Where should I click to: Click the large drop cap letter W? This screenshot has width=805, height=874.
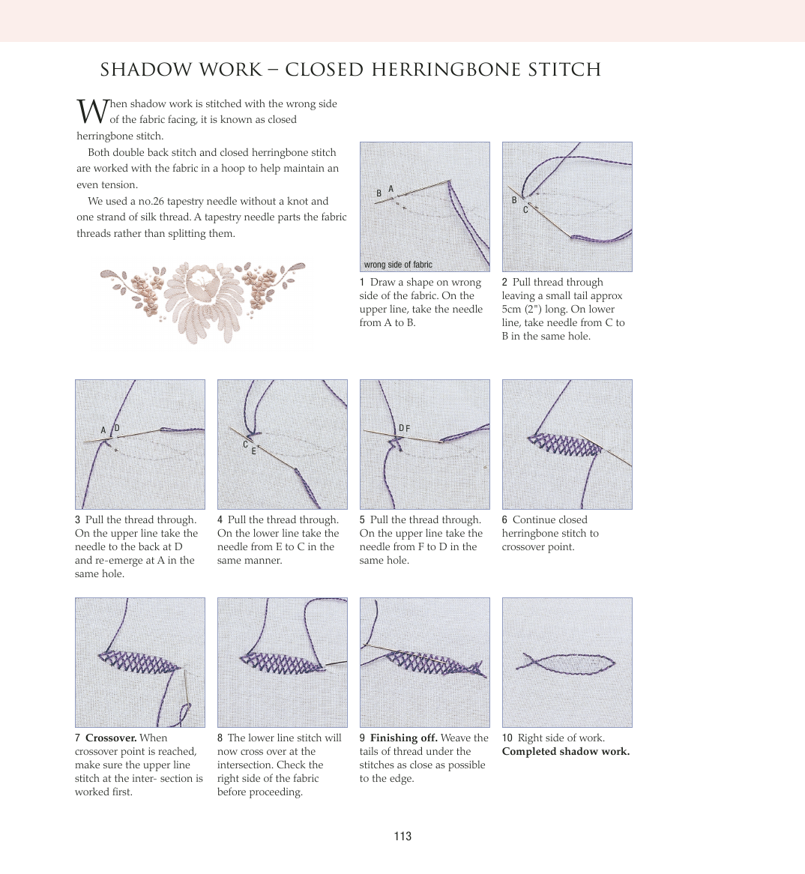[x=93, y=111]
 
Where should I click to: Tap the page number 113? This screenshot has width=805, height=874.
[x=402, y=837]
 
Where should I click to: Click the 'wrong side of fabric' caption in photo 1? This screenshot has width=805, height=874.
[x=398, y=265]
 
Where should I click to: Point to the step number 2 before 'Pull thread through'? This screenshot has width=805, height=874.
[x=504, y=283]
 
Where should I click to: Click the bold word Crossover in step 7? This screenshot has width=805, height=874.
[x=110, y=738]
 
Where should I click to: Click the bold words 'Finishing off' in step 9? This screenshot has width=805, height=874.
[x=403, y=738]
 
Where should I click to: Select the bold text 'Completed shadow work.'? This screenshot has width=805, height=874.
[x=566, y=752]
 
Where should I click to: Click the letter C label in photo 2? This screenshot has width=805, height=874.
[x=525, y=210]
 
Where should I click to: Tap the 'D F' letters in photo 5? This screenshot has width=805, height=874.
[x=404, y=429]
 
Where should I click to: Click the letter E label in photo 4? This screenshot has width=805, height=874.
[x=253, y=451]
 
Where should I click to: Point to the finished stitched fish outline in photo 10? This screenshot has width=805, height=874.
[x=566, y=663]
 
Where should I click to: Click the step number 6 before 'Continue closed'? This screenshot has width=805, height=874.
[x=504, y=520]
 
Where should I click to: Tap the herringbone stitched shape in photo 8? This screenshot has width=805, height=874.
[x=281, y=662]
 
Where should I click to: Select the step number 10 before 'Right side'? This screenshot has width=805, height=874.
[x=507, y=738]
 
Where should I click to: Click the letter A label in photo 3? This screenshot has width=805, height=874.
[x=103, y=430]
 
